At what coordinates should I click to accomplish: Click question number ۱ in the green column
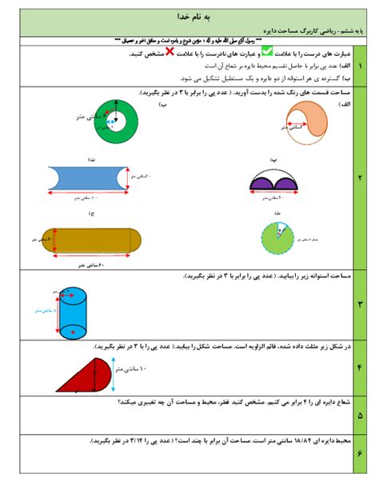tap(361, 66)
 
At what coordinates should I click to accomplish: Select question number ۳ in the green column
tap(361, 304)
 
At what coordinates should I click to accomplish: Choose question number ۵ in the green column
tap(361, 416)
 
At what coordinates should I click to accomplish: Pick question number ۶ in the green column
tap(361, 453)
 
